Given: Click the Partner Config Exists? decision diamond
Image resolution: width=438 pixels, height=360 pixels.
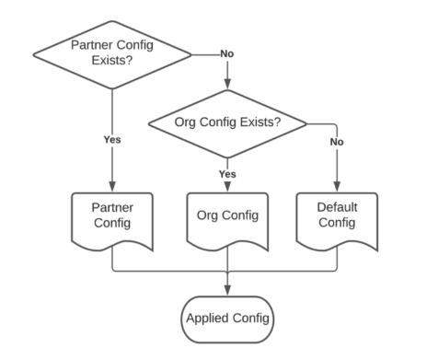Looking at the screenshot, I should [112, 52].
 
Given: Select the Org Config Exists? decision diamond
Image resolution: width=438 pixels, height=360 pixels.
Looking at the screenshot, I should [227, 122].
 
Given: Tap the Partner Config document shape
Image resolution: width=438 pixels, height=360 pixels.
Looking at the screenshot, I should [112, 217].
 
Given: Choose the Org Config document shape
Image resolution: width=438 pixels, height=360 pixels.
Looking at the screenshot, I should [227, 217].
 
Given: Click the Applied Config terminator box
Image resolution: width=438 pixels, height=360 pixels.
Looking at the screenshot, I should [227, 319].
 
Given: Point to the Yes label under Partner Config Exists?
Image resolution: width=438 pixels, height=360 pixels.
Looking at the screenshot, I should [112, 140].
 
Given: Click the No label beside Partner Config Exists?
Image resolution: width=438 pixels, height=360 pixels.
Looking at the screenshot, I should [227, 53].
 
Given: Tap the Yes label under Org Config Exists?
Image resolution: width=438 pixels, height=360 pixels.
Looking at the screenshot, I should [227, 173].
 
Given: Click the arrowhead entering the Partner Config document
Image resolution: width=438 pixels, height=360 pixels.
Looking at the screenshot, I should [112, 187].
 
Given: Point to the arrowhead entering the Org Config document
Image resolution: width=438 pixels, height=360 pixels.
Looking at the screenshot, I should [227, 187].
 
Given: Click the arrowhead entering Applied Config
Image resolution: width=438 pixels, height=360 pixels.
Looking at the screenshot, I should [227, 291].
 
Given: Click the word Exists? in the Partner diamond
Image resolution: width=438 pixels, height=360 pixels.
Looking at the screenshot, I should [112, 61].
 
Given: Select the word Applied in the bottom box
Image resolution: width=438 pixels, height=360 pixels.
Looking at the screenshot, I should [207, 319].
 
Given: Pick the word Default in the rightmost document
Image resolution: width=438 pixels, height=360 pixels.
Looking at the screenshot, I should [336, 208].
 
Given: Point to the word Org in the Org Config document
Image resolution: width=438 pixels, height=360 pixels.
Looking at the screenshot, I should [210, 217].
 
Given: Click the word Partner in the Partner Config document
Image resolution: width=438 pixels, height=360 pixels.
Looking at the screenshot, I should [112, 208].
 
